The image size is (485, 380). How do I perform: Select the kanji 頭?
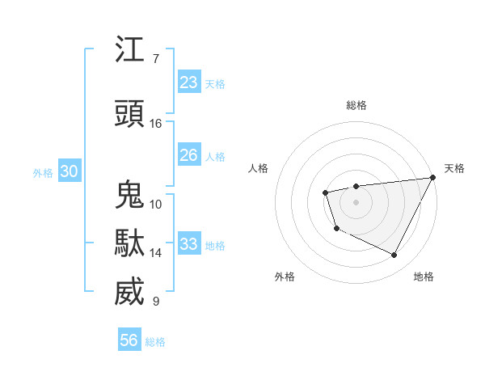(129, 114)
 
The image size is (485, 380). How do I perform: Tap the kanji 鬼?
(129, 195)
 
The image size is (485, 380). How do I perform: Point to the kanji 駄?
(129, 243)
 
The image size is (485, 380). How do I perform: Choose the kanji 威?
(129, 292)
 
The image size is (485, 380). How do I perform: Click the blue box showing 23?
(188, 82)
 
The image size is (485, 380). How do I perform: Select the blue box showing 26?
(188, 155)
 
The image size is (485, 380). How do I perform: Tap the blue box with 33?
(188, 244)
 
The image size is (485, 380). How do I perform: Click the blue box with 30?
(69, 171)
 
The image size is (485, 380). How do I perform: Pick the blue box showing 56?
(129, 340)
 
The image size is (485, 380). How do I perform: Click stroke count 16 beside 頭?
(156, 124)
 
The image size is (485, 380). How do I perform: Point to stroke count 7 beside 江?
(155, 59)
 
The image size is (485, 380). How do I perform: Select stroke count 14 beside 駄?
(156, 253)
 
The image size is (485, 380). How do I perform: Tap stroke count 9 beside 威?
(155, 302)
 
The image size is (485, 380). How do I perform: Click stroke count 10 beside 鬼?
(156, 205)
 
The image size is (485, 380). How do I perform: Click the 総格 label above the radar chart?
(356, 105)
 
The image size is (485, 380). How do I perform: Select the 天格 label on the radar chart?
(454, 168)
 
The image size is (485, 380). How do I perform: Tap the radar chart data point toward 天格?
(434, 177)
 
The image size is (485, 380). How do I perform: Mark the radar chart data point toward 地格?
(394, 255)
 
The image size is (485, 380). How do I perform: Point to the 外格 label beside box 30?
(43, 172)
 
